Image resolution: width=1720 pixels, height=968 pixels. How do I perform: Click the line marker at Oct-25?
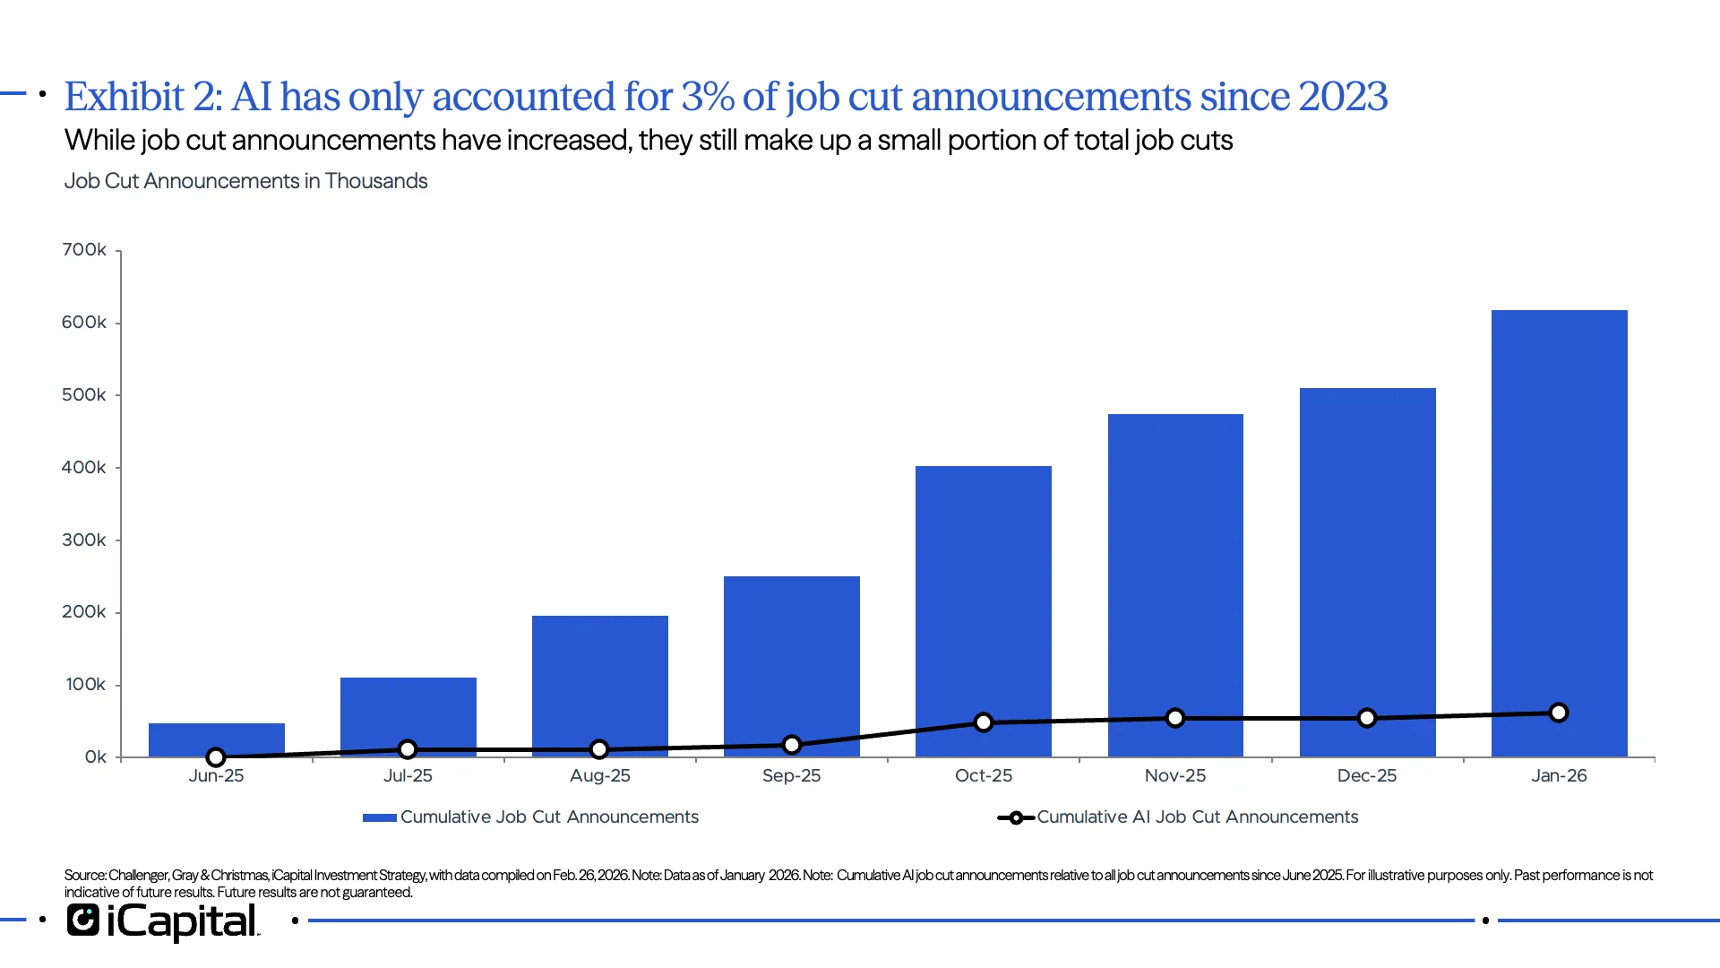click(983, 722)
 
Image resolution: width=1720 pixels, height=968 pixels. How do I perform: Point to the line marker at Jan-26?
click(1558, 713)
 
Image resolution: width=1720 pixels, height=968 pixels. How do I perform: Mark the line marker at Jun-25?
click(216, 757)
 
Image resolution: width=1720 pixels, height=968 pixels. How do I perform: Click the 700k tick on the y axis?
click(84, 250)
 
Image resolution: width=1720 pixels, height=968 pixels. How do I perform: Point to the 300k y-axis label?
click(84, 540)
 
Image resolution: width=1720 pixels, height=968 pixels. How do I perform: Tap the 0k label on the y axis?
click(95, 757)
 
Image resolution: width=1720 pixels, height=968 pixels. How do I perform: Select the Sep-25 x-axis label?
click(791, 776)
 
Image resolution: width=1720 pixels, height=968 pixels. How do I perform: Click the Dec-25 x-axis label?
click(1366, 776)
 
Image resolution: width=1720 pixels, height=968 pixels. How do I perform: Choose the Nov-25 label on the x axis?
click(1174, 776)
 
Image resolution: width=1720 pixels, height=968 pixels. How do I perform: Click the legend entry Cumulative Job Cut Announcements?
click(548, 817)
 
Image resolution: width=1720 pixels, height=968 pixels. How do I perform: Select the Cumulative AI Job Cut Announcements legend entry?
click(1197, 817)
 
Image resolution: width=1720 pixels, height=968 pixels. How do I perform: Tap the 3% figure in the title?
click(708, 97)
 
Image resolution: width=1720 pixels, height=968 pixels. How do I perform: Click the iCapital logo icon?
click(83, 920)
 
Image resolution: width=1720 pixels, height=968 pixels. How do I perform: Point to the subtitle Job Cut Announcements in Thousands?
click(245, 181)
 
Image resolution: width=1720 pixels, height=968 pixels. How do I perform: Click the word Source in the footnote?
click(84, 876)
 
